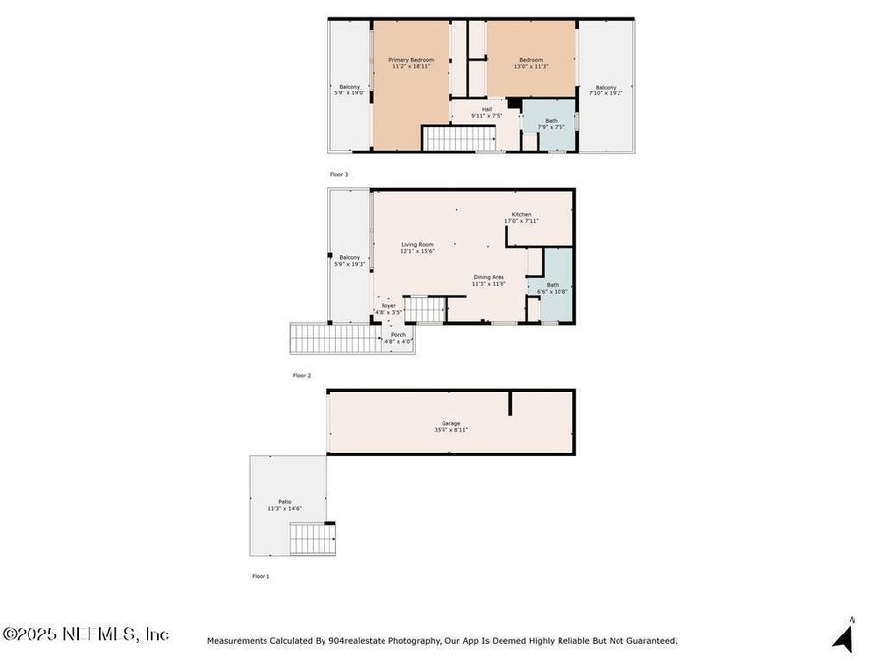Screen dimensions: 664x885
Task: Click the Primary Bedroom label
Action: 410,63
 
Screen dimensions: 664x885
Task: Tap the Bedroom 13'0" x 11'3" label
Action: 532,63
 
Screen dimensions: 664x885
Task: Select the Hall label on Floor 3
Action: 486,113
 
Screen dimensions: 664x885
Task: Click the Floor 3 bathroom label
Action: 551,124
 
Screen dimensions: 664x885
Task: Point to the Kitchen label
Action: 521,217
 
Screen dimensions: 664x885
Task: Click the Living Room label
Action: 417,248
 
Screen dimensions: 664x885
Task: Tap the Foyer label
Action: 389,309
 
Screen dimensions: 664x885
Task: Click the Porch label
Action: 398,338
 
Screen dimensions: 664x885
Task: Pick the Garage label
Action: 450,426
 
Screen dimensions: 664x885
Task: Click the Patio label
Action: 284,505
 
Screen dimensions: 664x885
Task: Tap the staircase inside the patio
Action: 313,539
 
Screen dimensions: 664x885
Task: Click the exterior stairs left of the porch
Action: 335,339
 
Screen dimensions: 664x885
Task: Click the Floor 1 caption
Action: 260,576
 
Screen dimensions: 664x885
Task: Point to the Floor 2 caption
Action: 301,375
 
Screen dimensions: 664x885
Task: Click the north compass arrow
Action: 843,636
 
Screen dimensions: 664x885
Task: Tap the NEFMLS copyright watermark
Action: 86,634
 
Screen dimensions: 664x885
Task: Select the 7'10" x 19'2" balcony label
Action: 605,90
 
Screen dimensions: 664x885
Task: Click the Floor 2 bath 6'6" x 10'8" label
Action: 552,288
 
